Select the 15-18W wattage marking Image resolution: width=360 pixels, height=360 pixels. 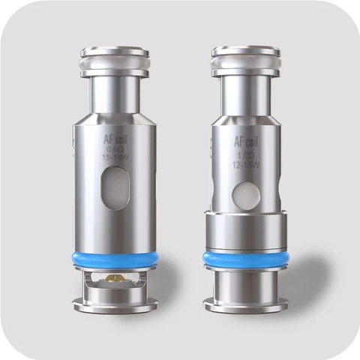[114, 159]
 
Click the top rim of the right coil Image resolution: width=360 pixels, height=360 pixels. [245, 52]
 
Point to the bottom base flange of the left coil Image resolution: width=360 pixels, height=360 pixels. [115, 304]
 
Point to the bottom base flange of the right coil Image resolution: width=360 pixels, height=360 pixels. [245, 306]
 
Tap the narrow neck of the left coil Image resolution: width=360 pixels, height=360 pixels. [115, 101]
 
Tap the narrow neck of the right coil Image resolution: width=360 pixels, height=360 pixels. [245, 101]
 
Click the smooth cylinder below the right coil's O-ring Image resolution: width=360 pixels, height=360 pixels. [245, 283]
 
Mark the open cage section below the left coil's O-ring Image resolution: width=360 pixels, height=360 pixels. [115, 283]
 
